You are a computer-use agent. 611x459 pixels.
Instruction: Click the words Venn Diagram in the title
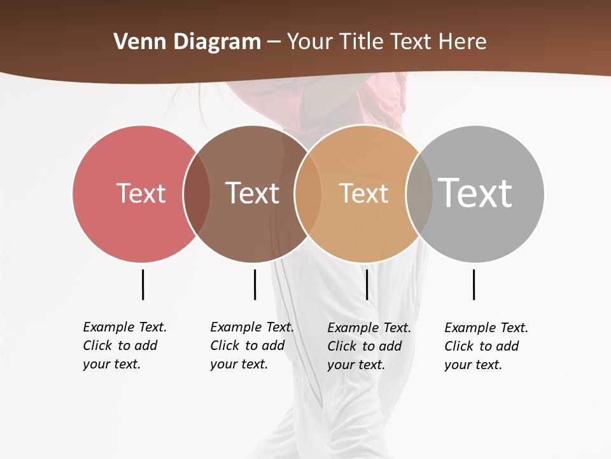click(187, 42)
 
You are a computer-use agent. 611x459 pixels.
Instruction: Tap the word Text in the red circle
click(141, 193)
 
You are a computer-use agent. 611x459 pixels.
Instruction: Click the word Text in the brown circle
click(252, 193)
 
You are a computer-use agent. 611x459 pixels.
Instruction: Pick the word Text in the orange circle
click(363, 193)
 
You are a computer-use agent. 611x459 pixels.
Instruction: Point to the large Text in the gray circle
click(475, 193)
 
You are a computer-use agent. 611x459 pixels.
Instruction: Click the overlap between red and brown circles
click(197, 193)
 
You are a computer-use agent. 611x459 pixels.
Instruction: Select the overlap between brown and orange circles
click(307, 193)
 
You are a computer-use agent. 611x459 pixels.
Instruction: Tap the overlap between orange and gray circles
click(419, 193)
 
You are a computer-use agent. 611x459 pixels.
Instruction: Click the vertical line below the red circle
click(143, 284)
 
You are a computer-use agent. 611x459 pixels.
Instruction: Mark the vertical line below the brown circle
click(255, 284)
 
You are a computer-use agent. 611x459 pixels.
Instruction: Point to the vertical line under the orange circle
click(367, 284)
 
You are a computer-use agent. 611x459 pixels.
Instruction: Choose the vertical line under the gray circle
click(474, 284)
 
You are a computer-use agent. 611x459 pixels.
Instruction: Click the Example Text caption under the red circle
click(124, 346)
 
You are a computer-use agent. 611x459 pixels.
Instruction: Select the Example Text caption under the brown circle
click(251, 346)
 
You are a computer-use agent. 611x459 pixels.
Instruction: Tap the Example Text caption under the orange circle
click(369, 346)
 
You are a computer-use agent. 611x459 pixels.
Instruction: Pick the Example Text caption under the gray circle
click(486, 346)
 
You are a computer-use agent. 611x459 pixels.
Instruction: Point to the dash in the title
click(274, 43)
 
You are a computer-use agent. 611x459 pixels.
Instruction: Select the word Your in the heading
click(309, 42)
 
